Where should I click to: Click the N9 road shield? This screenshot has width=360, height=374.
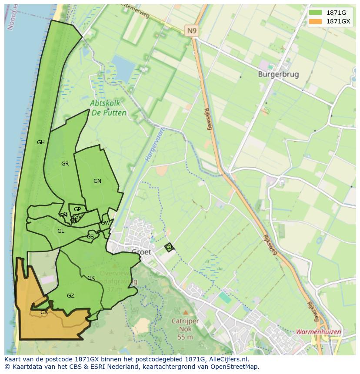(191, 30)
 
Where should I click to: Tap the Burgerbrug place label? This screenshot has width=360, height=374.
(278, 74)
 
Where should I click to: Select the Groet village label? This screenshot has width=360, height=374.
(141, 252)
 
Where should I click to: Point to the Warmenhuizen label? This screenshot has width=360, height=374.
(319, 332)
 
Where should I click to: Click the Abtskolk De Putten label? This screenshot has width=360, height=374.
(109, 108)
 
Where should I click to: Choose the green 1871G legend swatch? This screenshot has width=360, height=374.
(316, 13)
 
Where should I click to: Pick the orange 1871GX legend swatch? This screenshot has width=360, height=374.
(316, 21)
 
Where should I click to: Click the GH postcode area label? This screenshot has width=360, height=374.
(41, 142)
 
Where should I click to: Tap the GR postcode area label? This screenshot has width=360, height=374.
(65, 164)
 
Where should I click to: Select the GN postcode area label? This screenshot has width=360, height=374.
(97, 181)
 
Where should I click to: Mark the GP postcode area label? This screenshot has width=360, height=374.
(77, 209)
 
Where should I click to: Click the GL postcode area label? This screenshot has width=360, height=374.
(61, 231)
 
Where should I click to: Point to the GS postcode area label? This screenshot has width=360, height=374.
(90, 237)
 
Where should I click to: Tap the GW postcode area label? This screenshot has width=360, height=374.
(105, 223)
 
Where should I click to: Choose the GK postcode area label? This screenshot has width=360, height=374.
(91, 278)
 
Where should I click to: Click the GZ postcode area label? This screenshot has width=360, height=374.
(70, 296)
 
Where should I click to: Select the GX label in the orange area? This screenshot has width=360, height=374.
(44, 312)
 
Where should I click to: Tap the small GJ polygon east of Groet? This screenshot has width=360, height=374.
(169, 247)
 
